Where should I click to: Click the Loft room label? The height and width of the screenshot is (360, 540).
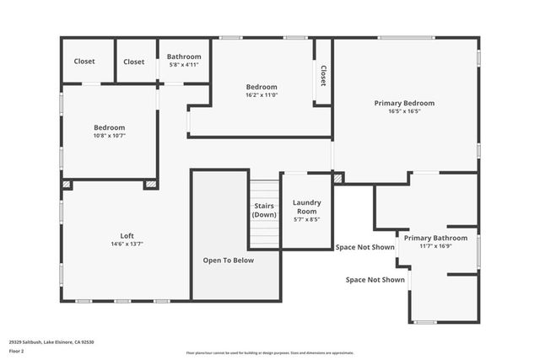pyautogui.click(x=127, y=236)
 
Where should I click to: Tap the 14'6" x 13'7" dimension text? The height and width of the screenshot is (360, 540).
pyautogui.click(x=127, y=244)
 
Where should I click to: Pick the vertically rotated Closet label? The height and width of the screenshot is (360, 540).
pyautogui.click(x=322, y=77)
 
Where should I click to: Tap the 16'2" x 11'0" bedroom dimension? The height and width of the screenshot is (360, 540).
pyautogui.click(x=262, y=95)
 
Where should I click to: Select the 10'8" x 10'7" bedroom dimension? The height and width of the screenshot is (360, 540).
pyautogui.click(x=108, y=135)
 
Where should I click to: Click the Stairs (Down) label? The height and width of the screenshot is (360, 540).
pyautogui.click(x=264, y=210)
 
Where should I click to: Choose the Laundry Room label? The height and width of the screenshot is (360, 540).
pyautogui.click(x=306, y=207)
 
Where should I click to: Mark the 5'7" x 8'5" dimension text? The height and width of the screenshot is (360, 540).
pyautogui.click(x=306, y=219)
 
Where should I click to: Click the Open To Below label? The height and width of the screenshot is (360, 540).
pyautogui.click(x=228, y=261)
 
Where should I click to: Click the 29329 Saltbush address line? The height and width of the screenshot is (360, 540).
pyautogui.click(x=51, y=342)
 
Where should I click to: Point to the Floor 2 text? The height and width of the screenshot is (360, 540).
pyautogui.click(x=16, y=352)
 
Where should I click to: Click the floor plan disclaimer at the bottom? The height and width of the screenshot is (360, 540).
pyautogui.click(x=270, y=353)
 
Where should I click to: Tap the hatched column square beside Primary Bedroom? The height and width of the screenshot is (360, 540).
pyautogui.click(x=338, y=178)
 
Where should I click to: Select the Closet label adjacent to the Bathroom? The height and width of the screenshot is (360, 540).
pyautogui.click(x=134, y=62)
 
